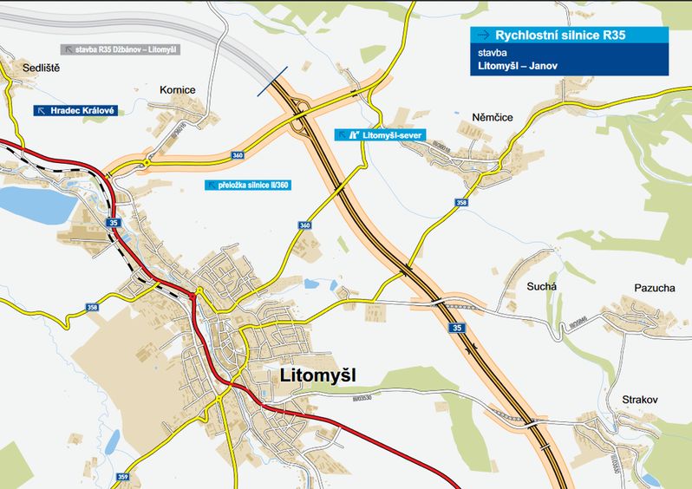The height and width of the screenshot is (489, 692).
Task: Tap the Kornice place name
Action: coord(178,89)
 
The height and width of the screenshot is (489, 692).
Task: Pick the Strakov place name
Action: coord(640,400)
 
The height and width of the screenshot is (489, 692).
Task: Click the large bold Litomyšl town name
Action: coord(318,375)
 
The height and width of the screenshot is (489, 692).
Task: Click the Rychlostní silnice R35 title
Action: coord(560,35)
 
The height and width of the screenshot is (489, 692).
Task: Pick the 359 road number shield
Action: coord(123,477)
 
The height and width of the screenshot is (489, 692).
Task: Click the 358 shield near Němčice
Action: coord(461,203)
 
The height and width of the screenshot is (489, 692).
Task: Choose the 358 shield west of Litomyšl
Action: coord(92,308)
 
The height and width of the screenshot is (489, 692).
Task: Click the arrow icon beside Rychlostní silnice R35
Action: coord(481,35)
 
